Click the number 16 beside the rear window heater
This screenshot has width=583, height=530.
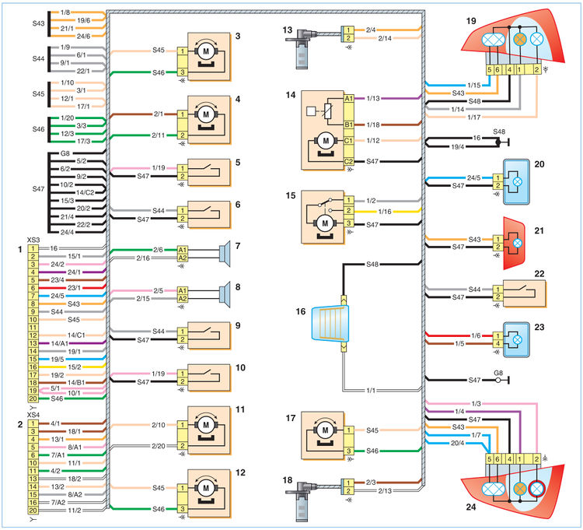300,311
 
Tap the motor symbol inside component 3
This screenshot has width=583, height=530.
206,51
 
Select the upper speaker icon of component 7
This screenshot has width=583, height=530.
224,254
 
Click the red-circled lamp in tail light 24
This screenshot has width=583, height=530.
536,489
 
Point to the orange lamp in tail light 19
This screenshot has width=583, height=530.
520,40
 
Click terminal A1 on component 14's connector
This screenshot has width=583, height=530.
348,98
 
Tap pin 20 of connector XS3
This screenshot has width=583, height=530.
33,398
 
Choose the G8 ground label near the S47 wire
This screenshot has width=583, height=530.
498,373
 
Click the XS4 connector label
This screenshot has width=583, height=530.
33,415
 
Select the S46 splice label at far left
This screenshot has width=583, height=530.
38,129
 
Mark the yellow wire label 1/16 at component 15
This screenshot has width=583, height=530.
385,212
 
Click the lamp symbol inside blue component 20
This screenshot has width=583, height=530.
517,181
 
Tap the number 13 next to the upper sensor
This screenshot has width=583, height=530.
288,30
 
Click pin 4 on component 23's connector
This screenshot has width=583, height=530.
497,343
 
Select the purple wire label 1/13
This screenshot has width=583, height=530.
373,98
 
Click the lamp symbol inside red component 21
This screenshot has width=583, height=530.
517,243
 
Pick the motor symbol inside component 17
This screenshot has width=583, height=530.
326,430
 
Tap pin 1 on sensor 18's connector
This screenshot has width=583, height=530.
348,483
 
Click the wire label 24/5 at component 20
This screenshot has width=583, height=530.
473,178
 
